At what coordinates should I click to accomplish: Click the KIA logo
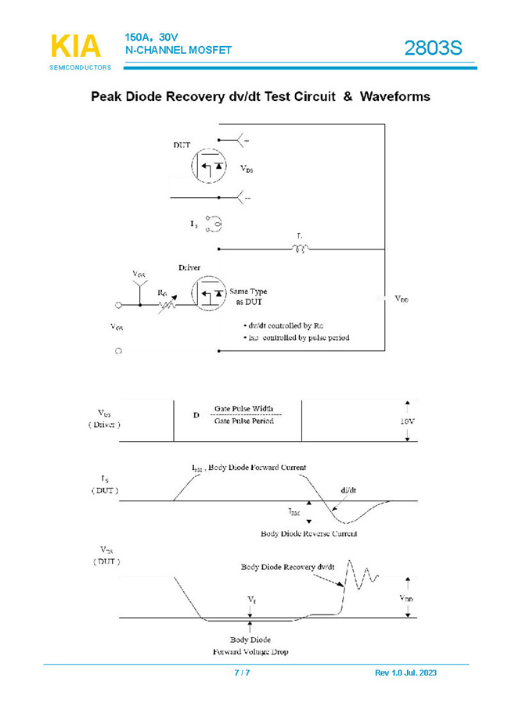click(76, 48)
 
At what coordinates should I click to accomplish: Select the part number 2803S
click(433, 48)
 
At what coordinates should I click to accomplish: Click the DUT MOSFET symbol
click(208, 166)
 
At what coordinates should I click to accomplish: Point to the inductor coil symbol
click(301, 249)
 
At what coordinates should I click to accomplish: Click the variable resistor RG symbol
click(167, 303)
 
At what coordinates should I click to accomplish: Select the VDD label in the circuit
click(402, 299)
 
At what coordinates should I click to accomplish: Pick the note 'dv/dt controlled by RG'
click(283, 324)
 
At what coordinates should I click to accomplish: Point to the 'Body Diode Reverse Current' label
click(308, 533)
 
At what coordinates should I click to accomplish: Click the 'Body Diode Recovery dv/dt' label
click(287, 566)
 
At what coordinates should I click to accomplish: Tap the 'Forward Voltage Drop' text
click(250, 651)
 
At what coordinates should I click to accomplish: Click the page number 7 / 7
click(242, 672)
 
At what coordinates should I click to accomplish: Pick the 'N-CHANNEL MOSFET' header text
click(178, 50)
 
